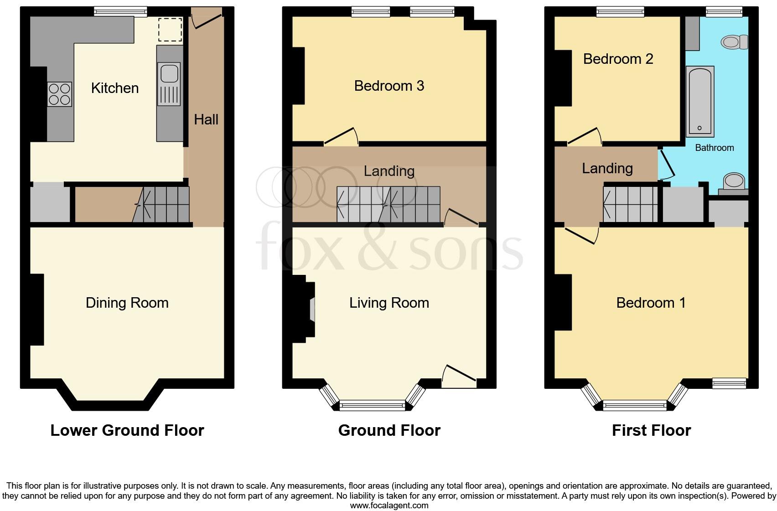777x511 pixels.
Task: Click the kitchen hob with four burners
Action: (59, 94)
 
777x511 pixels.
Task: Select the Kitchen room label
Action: (115, 88)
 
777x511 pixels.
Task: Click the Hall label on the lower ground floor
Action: (206, 119)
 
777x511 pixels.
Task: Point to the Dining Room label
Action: (127, 303)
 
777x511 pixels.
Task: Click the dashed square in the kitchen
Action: (170, 30)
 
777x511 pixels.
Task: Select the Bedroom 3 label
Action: (389, 86)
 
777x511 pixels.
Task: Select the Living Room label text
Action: (389, 303)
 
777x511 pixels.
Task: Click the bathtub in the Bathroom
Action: (700, 101)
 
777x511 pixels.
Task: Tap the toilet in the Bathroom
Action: (734, 42)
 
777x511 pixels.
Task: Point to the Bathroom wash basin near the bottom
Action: (734, 181)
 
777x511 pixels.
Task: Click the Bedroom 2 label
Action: (618, 59)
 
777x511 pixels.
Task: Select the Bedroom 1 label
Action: (651, 303)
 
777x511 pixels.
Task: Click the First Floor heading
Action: (651, 430)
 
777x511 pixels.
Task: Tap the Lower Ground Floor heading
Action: (127, 430)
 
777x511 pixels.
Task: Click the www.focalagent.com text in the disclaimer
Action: (389, 505)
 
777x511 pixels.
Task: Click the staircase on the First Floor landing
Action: (630, 204)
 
